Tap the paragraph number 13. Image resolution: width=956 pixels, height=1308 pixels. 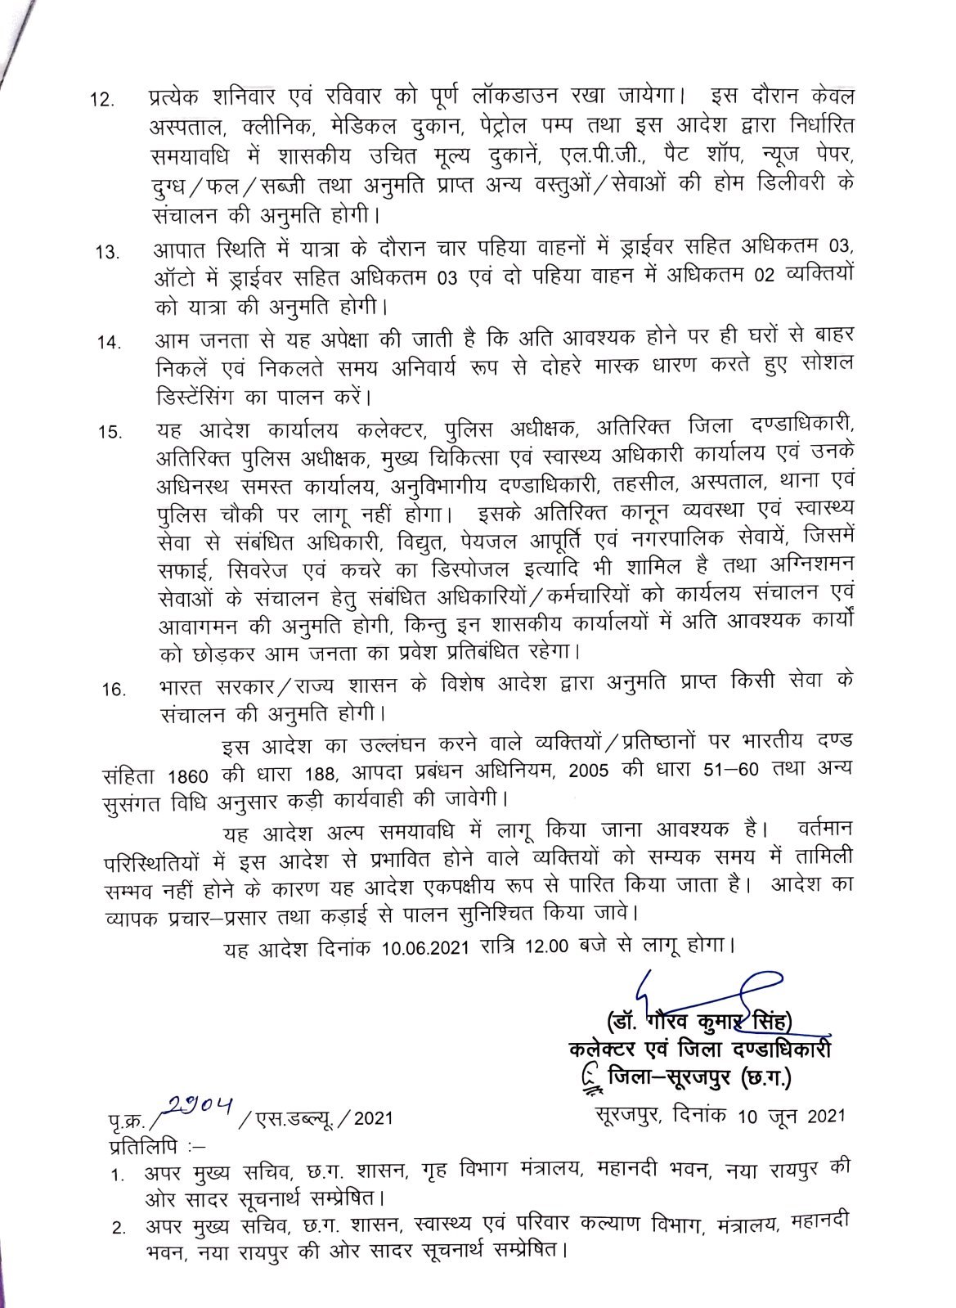coord(107,253)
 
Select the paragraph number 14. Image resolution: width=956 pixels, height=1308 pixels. coord(107,343)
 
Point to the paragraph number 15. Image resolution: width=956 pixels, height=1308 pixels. coord(108,432)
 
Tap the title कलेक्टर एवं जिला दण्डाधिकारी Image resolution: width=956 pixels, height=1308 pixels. coord(701,1050)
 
